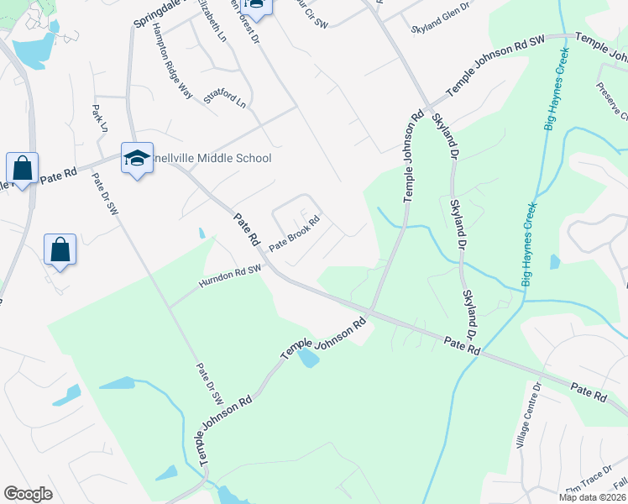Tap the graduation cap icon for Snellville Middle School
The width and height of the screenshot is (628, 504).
[137, 157]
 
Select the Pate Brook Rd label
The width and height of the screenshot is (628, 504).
[295, 234]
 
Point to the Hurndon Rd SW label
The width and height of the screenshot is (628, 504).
[231, 276]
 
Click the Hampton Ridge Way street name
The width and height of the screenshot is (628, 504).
[172, 60]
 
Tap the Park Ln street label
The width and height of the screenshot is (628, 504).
[101, 118]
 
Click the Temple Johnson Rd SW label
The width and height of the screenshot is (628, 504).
[496, 66]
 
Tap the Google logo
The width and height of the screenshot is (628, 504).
[28, 493]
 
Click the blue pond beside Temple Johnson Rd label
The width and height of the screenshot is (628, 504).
[308, 358]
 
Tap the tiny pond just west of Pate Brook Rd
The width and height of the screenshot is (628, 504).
[201, 233]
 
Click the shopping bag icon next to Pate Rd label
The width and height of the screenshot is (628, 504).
[21, 166]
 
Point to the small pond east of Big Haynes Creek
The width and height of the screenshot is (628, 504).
[555, 262]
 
